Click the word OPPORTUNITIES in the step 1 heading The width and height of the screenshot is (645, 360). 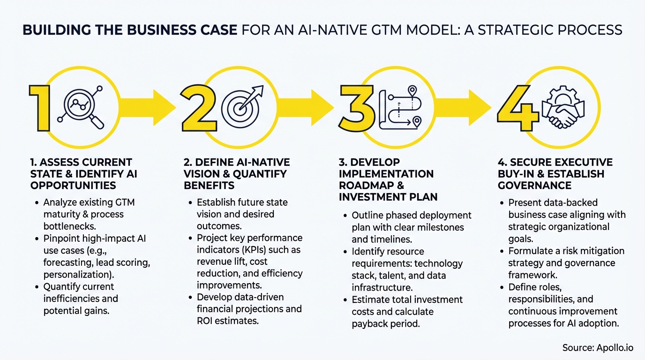click(x=73, y=186)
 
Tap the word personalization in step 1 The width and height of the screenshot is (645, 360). click(x=76, y=275)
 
